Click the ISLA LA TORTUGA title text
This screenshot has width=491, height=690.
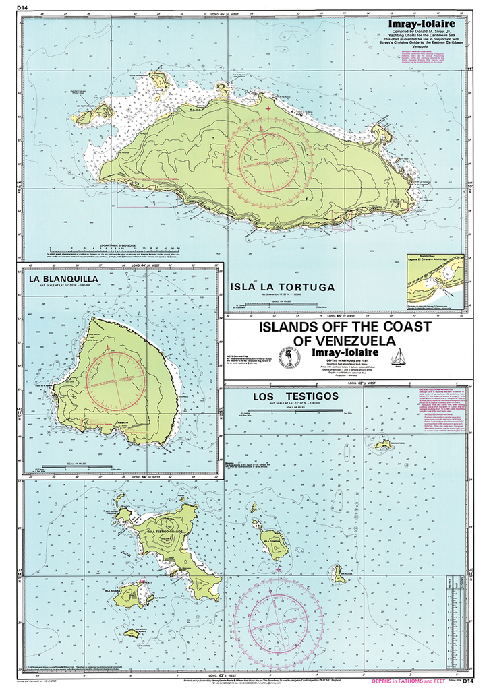pos(283,287)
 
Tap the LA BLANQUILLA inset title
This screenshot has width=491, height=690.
pos(63,278)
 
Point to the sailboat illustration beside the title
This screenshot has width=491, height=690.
pos(399,356)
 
